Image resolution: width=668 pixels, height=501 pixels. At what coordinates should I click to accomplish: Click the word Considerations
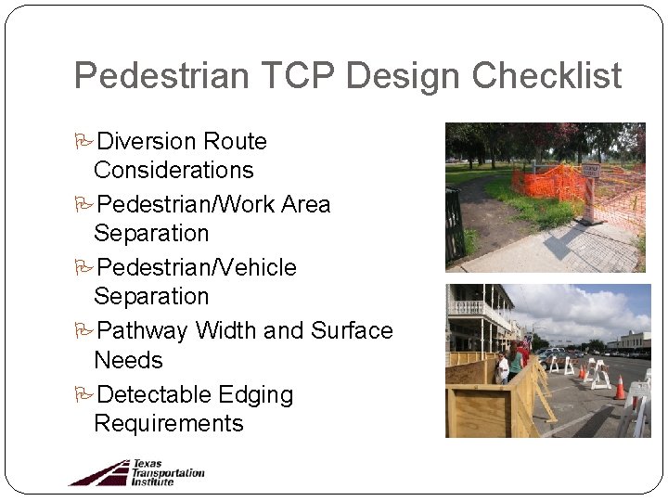[173, 170]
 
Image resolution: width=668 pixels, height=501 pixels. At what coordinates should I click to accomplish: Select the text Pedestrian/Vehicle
[196, 268]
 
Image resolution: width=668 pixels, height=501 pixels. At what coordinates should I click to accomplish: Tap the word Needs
[128, 360]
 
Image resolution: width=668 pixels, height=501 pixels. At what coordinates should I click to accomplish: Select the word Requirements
[168, 424]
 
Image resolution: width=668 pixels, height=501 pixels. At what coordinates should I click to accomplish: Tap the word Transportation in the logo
[168, 472]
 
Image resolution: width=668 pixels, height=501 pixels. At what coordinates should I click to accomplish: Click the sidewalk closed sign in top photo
[591, 172]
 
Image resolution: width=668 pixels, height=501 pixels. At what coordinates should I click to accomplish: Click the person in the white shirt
[502, 367]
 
